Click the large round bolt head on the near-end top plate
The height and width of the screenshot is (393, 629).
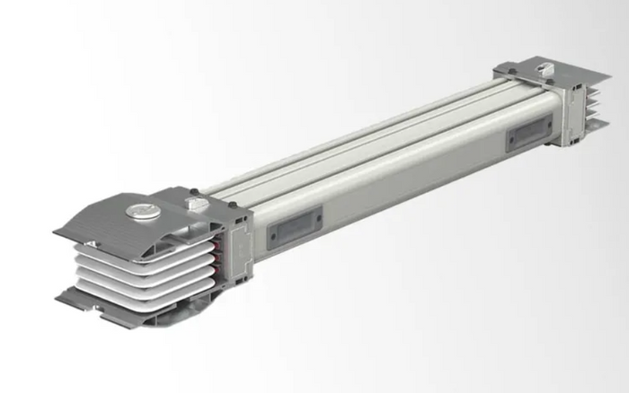[x=142, y=212]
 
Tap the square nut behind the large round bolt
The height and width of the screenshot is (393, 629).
[x=191, y=204]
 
